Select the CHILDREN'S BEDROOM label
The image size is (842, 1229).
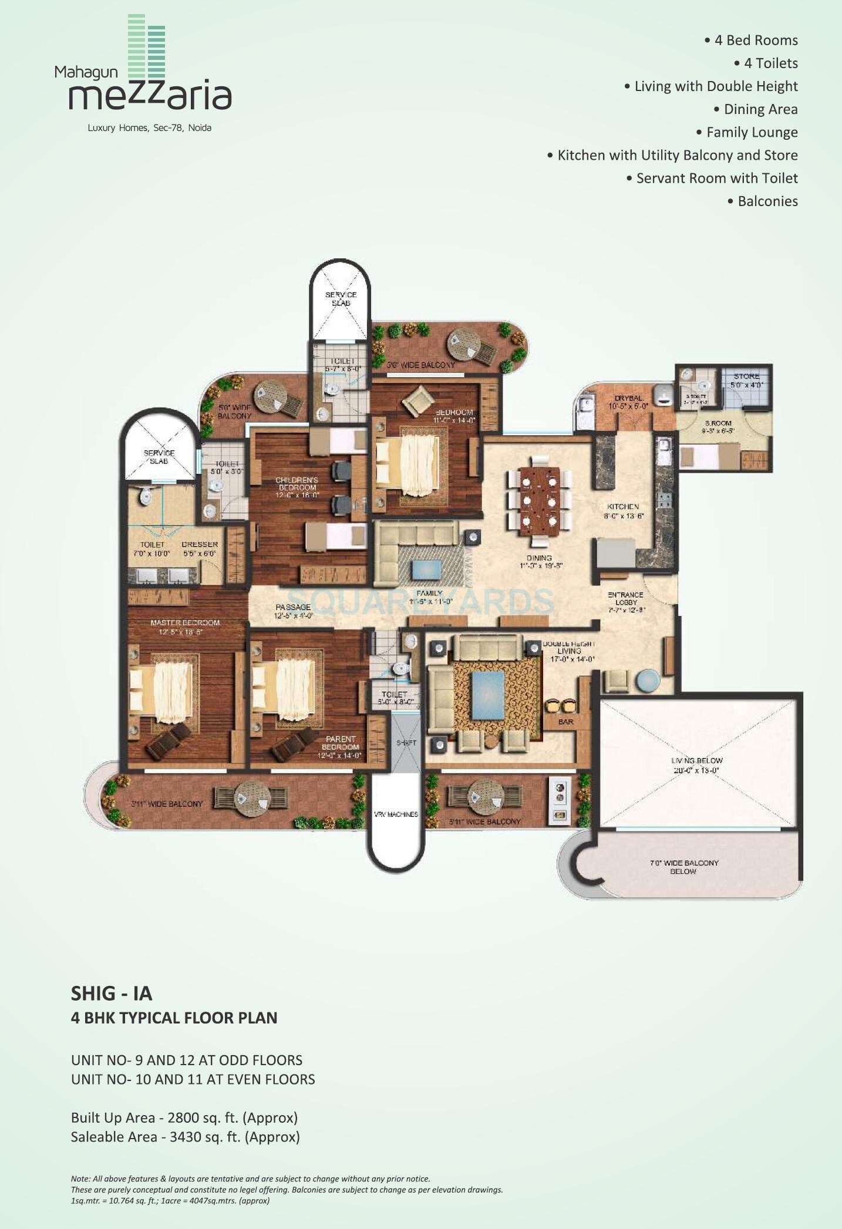[x=297, y=483]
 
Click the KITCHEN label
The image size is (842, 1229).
[x=623, y=506]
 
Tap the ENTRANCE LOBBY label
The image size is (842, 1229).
[x=625, y=598]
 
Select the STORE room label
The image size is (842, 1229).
[x=746, y=376]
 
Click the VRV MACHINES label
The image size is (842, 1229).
[x=396, y=814]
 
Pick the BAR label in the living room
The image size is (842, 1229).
[x=565, y=722]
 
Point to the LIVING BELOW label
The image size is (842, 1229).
[x=697, y=760]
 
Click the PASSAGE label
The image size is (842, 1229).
[x=293, y=607]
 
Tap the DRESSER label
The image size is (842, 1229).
[x=200, y=544]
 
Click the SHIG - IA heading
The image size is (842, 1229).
[x=112, y=993]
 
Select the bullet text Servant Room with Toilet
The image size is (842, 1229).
[x=716, y=178]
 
